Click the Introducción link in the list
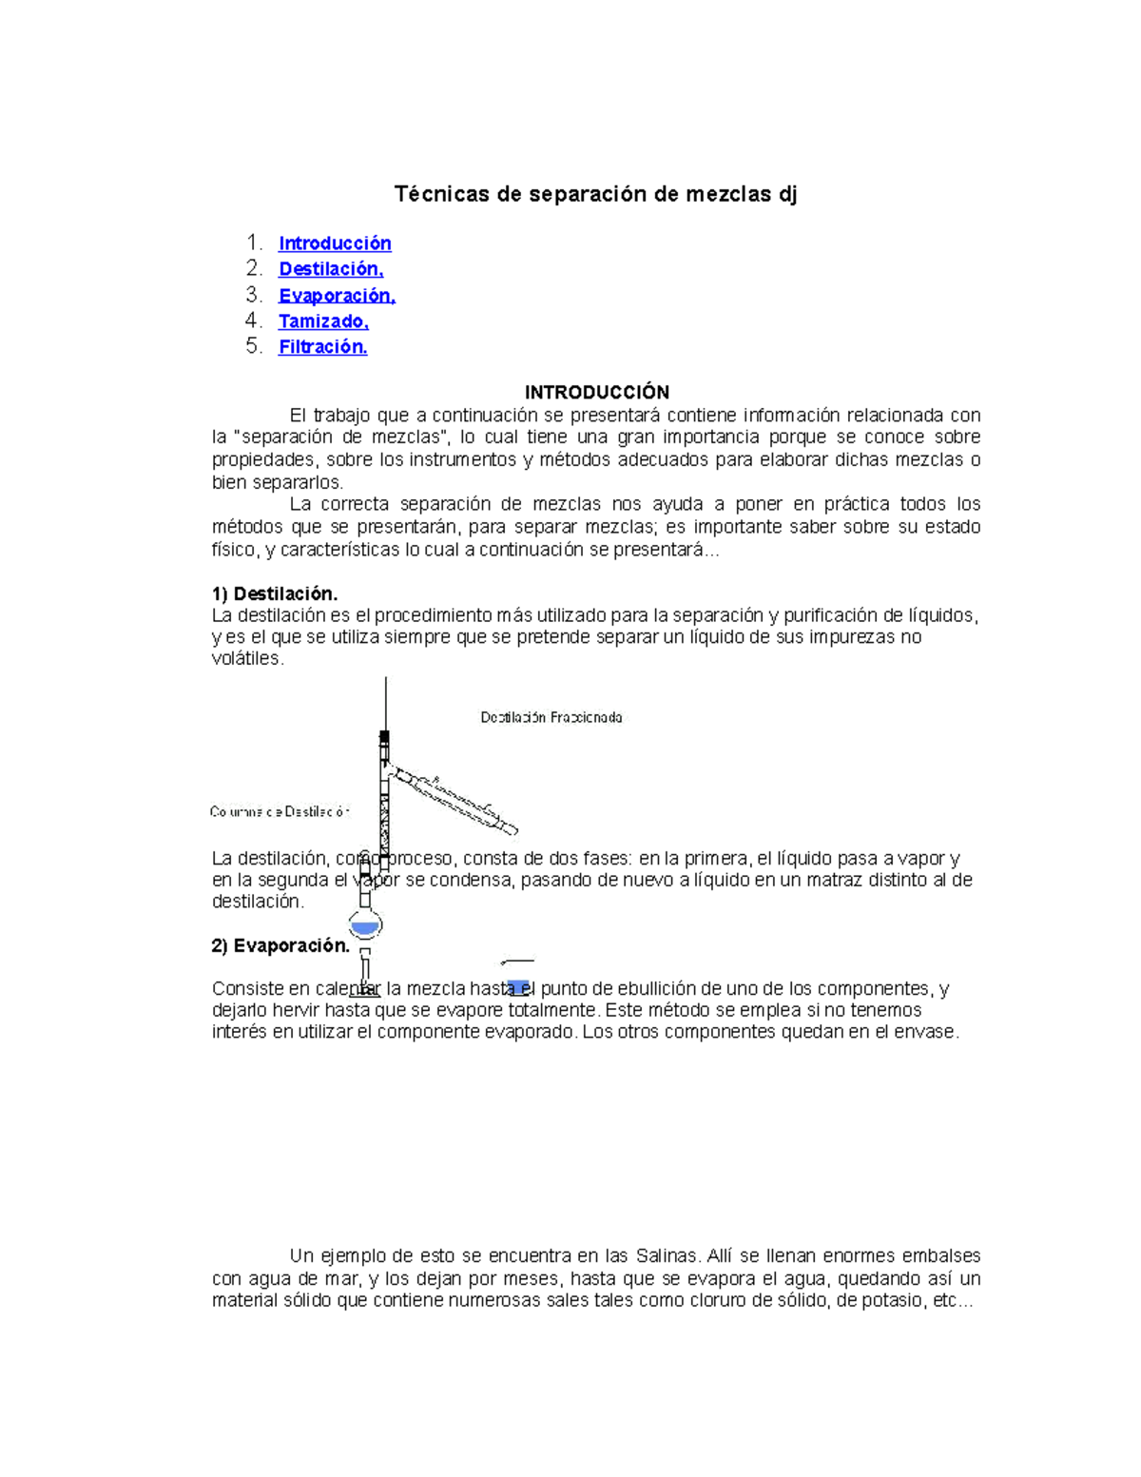tap(335, 243)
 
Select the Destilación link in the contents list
tap(331, 269)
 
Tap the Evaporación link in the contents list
tap(337, 296)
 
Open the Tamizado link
tap(323, 321)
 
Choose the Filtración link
tap(322, 347)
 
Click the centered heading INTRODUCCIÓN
tap(597, 392)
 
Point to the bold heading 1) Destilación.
tap(275, 594)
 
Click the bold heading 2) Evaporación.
tap(280, 945)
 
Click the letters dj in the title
tap(787, 195)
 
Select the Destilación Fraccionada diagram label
tap(551, 718)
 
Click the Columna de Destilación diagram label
tap(280, 812)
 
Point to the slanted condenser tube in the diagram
tap(456, 799)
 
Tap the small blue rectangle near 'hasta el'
tap(518, 986)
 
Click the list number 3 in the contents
tap(253, 295)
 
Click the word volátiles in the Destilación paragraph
tap(246, 659)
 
